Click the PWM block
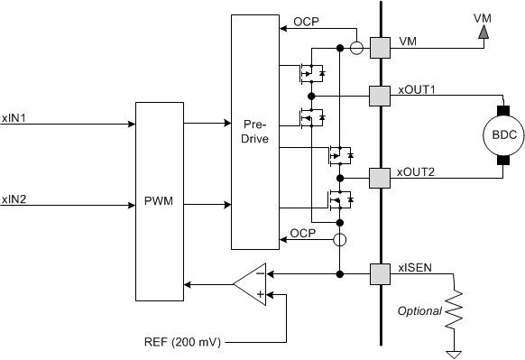(x=159, y=201)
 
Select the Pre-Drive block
(x=255, y=132)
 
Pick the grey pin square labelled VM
(x=380, y=48)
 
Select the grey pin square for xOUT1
(x=380, y=94)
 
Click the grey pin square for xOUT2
(x=380, y=177)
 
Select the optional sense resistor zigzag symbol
(x=458, y=309)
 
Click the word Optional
(x=419, y=310)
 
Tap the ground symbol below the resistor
(x=458, y=353)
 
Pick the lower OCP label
(x=303, y=235)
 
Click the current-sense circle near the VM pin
(x=357, y=48)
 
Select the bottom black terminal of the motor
(x=501, y=161)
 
